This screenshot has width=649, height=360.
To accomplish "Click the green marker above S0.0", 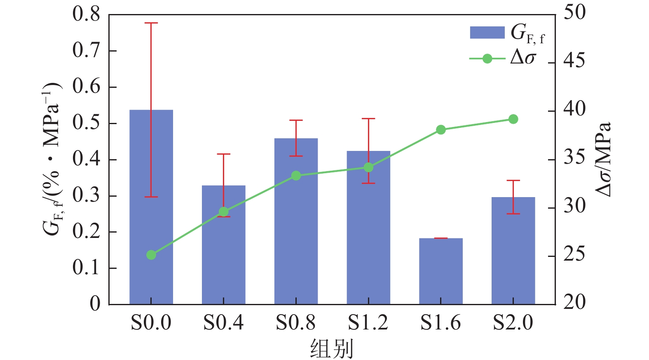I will (x=151, y=255).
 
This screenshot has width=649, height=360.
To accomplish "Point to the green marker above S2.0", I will (x=513, y=119).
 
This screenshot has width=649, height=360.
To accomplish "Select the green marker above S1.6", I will (x=440, y=130).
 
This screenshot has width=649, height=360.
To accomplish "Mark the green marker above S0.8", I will (x=296, y=176).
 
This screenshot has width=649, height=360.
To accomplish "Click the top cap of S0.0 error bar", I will (x=151, y=23).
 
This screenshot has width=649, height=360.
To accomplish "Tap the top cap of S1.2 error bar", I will (x=368, y=119).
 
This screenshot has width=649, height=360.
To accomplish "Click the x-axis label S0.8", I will (x=295, y=322).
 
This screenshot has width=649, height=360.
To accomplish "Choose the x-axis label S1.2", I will (x=368, y=322).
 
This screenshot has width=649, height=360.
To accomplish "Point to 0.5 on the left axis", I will (x=86, y=123).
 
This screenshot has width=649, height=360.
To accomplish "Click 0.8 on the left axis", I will (x=86, y=14).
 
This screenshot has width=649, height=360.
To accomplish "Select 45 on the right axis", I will (x=574, y=61).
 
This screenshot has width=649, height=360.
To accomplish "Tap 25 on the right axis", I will (x=574, y=254).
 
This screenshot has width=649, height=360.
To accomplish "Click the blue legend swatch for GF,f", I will (x=487, y=33).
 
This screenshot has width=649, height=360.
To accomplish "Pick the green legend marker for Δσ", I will (x=487, y=59).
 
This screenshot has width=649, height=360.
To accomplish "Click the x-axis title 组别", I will (x=332, y=348).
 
